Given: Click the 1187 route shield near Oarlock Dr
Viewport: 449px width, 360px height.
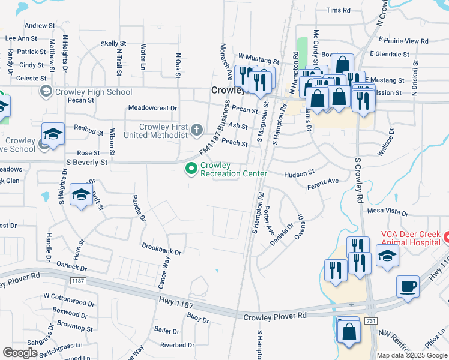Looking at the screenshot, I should (x=77, y=280).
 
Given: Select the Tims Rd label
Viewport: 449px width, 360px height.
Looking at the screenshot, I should (x=338, y=10).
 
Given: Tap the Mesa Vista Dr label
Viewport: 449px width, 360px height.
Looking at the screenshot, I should (x=388, y=211).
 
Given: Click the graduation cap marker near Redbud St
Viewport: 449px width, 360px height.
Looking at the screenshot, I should (x=53, y=134).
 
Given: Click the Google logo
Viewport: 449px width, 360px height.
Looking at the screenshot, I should (x=20, y=352).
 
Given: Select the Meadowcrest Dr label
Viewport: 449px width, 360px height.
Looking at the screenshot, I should (x=153, y=108).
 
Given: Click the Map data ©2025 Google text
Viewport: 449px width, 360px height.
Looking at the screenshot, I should (x=412, y=355).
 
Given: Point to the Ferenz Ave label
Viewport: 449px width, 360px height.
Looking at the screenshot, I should (x=323, y=181).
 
